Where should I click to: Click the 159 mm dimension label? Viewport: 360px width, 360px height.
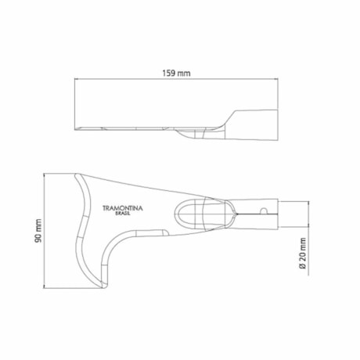tap(176, 73)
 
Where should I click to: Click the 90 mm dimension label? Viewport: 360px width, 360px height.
tap(38, 231)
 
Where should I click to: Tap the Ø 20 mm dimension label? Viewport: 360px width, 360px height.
tap(302, 254)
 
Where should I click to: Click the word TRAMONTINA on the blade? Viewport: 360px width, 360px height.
tap(123, 208)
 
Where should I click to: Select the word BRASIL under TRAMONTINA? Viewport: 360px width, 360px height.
tap(123, 214)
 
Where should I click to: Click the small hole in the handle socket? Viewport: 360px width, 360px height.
tap(264, 211)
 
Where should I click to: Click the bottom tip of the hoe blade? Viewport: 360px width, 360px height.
tap(103, 287)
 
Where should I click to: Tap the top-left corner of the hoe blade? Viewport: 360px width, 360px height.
tap(76, 175)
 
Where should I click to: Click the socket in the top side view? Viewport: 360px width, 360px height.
tap(252, 125)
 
